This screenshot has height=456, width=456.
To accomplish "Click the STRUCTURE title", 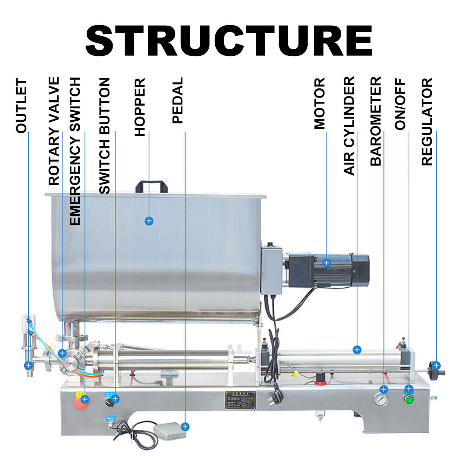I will click(229, 41).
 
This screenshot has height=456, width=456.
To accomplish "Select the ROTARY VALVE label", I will click(54, 131).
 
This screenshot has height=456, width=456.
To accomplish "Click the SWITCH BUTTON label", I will click(105, 136).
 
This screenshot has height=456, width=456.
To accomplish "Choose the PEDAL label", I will click(178, 101).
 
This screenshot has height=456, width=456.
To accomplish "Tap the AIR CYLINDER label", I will click(349, 126).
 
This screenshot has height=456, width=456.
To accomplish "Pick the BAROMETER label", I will click(376, 121).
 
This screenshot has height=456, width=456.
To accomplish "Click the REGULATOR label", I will click(427, 122).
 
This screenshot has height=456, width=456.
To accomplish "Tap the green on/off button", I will click(409, 400).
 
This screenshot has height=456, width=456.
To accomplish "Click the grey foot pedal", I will click(169, 430).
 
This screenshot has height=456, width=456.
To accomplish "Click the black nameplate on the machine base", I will click(240, 400).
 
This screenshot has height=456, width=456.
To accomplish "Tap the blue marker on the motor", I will click(327, 263).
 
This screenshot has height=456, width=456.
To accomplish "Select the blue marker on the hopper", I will click(149, 221).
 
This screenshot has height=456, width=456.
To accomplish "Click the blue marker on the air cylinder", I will click(357, 350).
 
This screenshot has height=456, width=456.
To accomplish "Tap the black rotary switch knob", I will click(109, 403).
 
